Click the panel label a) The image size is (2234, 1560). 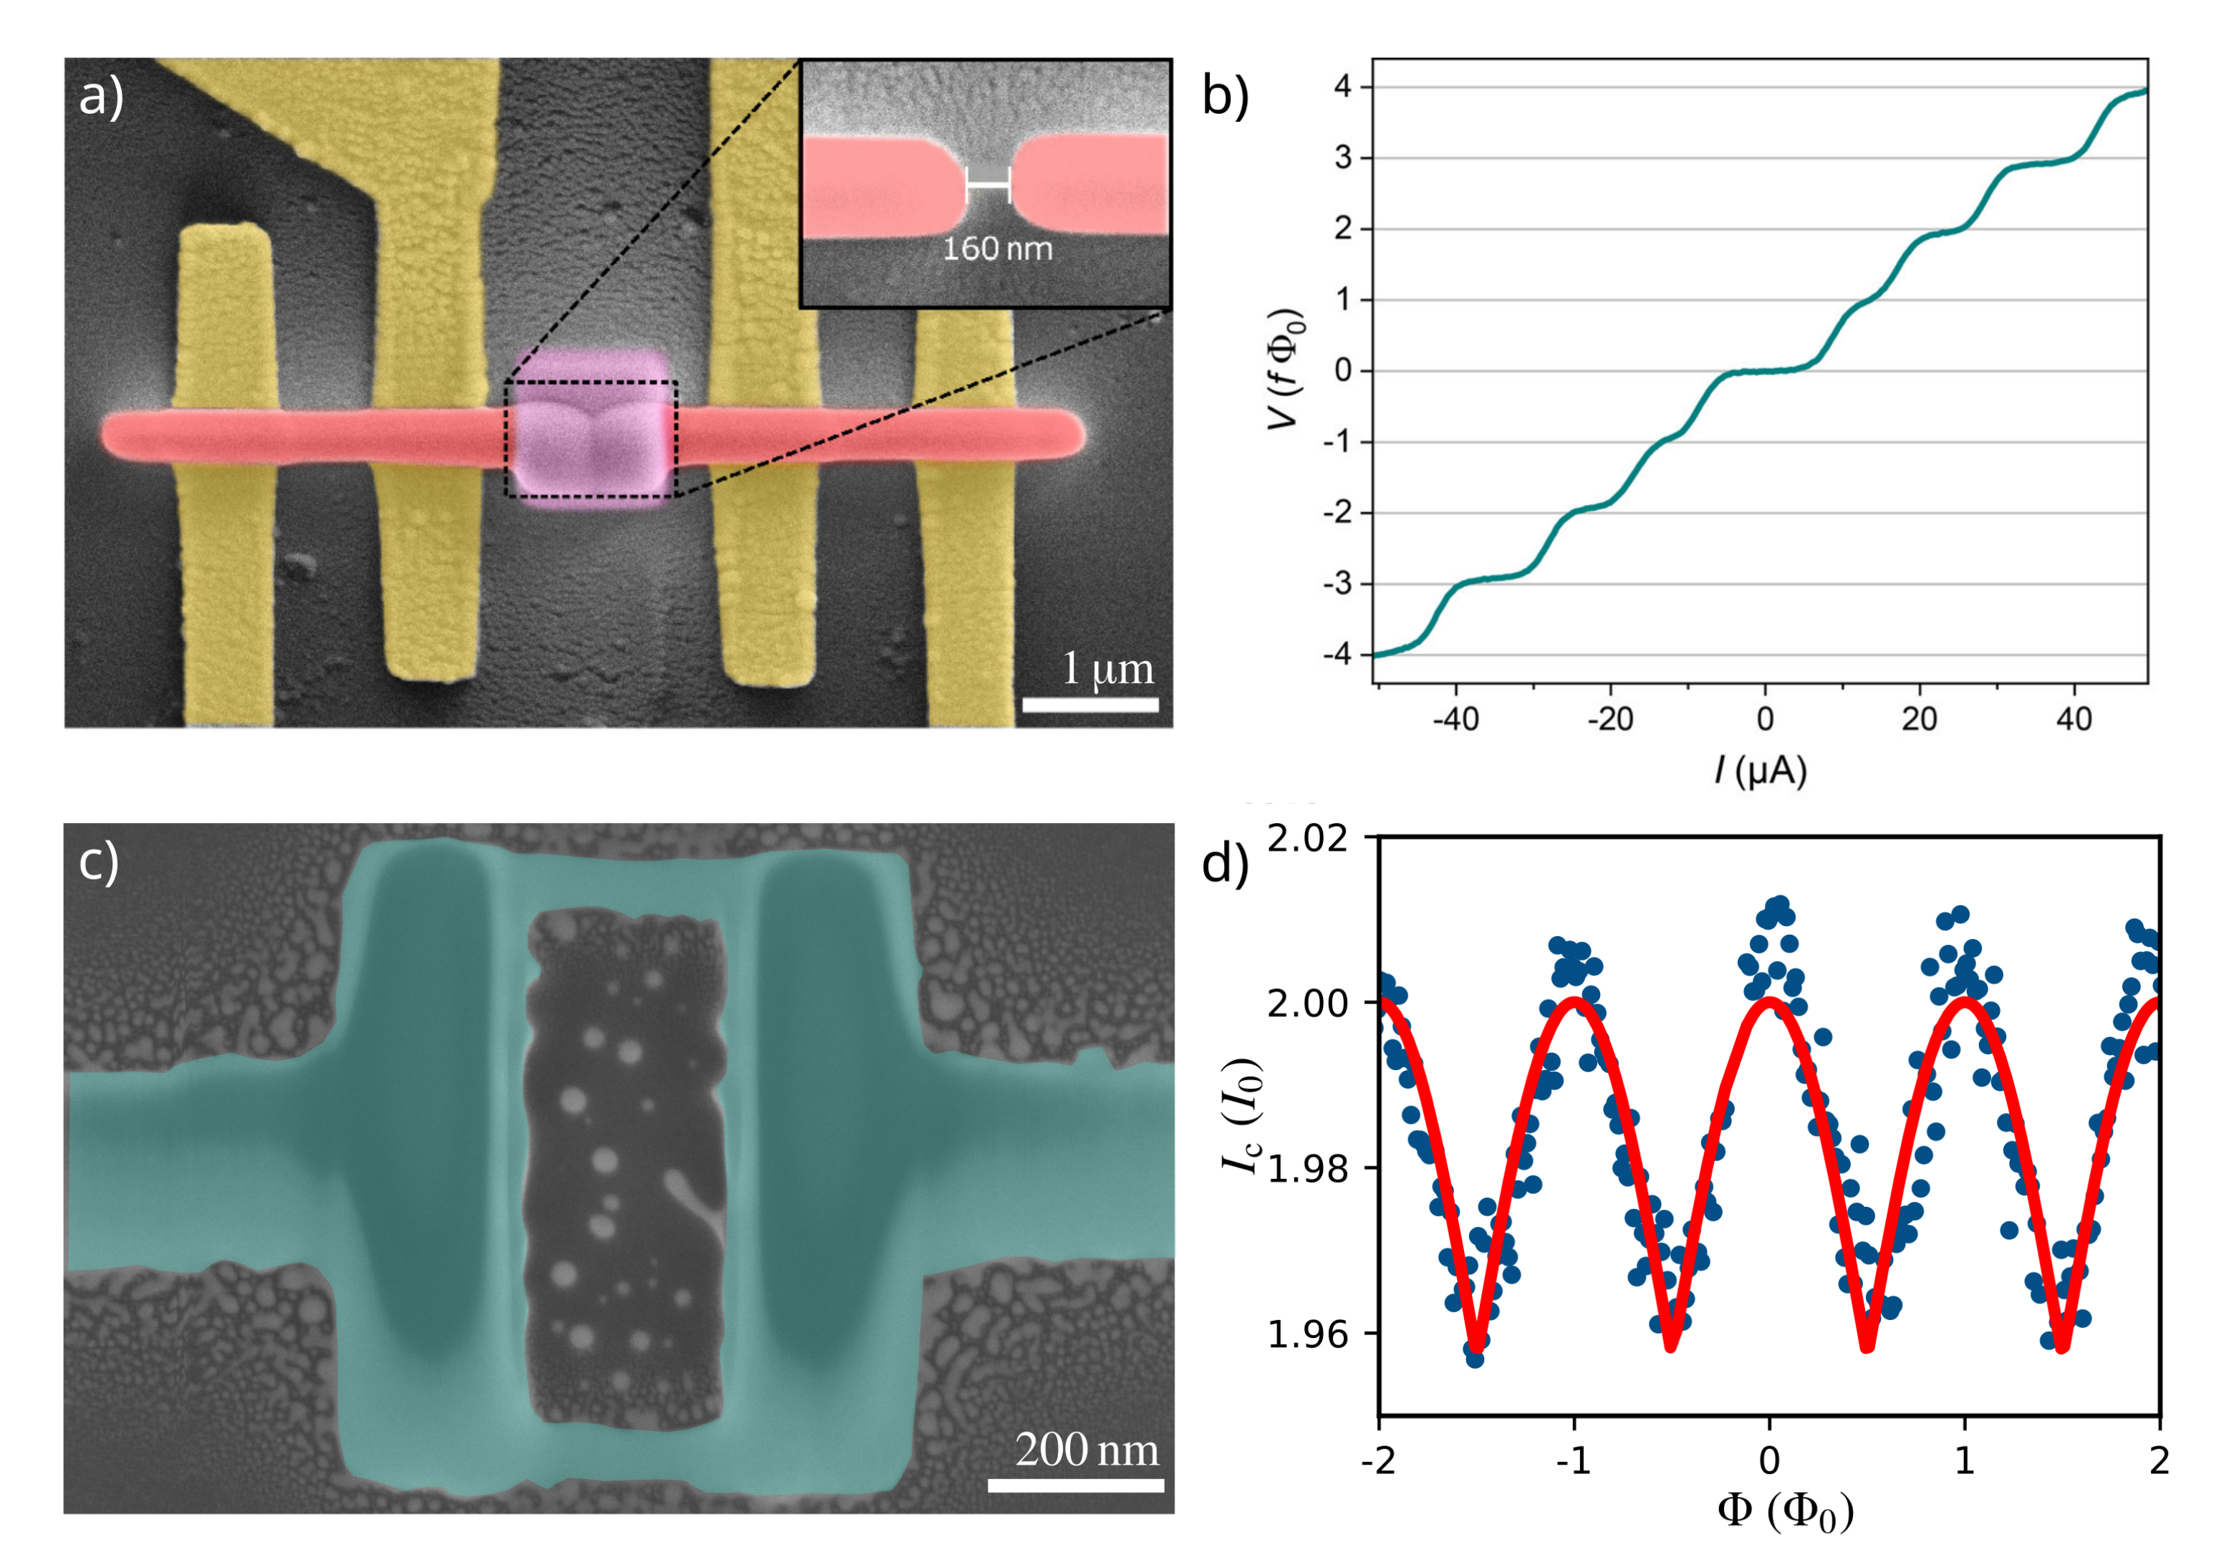(x=101, y=97)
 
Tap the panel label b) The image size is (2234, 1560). (x=1225, y=97)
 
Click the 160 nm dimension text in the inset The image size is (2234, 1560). (x=997, y=249)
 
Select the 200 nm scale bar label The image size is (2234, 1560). (x=1087, y=1450)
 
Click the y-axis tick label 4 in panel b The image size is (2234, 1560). (x=1343, y=87)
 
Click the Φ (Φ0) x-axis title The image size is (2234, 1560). (x=1786, y=1511)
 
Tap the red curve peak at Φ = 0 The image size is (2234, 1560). (x=1769, y=1001)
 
